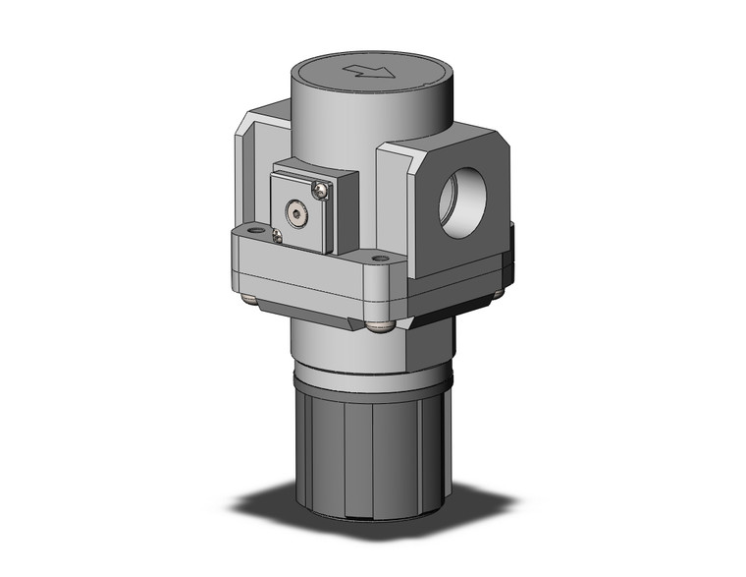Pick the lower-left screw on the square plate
pos(278,236)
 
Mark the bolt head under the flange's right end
pos(497,291)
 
